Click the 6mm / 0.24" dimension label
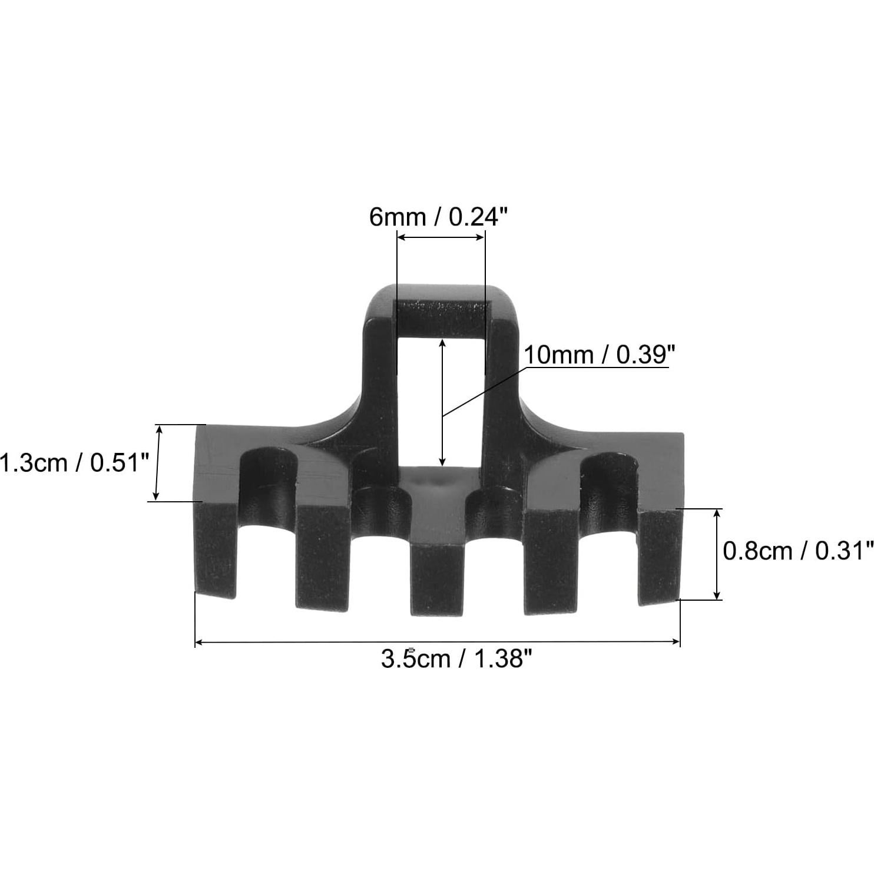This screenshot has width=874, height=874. [x=438, y=217]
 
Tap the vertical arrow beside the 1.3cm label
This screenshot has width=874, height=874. [x=157, y=463]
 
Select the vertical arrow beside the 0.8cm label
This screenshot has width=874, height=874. [x=717, y=554]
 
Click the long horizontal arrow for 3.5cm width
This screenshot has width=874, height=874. [x=437, y=643]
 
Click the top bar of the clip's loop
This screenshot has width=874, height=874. [x=442, y=319]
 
